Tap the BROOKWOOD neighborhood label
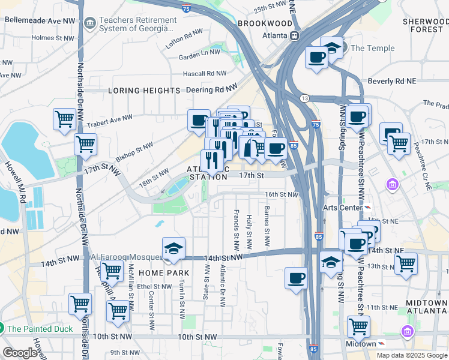265,23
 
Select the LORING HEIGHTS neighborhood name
144,91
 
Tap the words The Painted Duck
40,329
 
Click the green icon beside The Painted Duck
1,329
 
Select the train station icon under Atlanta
295,35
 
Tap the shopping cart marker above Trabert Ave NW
64,118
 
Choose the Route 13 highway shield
305,98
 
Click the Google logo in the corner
19,353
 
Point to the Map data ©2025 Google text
411,355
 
